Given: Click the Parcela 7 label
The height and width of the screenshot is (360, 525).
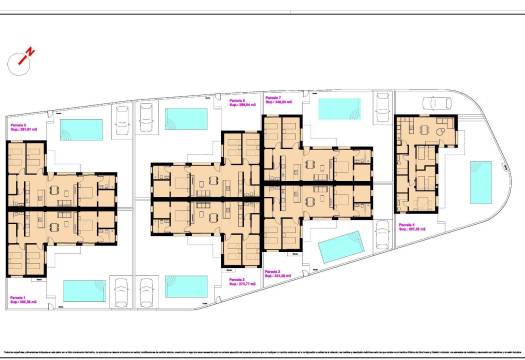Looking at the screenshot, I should (x=277, y=100).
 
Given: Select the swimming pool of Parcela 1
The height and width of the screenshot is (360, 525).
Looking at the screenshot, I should (x=91, y=290).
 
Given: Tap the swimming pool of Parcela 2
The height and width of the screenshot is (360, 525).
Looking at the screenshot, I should (x=186, y=286).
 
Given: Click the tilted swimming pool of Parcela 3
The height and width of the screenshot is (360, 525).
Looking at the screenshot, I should (x=340, y=246).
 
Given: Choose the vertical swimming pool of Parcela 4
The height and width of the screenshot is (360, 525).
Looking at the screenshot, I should (x=481, y=181).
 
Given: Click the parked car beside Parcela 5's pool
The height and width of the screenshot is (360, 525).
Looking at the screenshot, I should (x=122, y=119).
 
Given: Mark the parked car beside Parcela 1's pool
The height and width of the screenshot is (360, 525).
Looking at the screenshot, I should (x=122, y=291).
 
